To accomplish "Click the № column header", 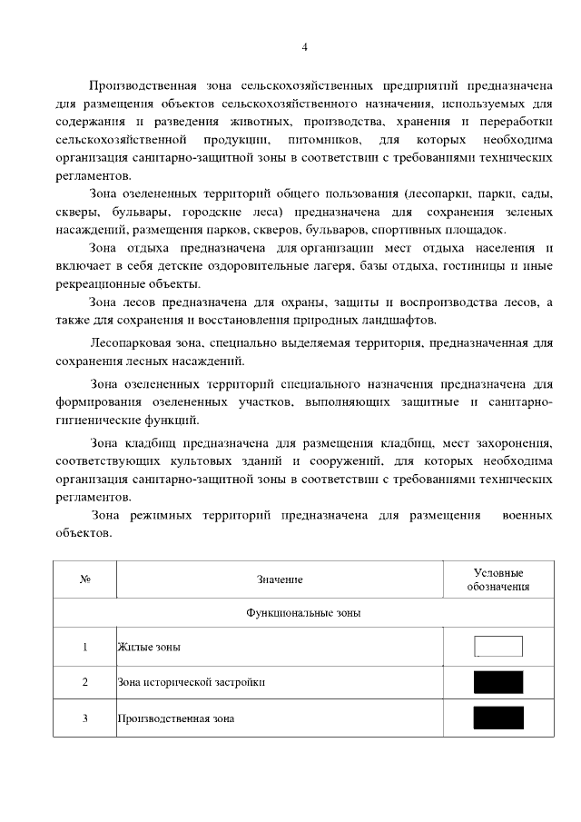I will pyautogui.click(x=85, y=579).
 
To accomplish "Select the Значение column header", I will pyautogui.click(x=280, y=579).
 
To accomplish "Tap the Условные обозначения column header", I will pyautogui.click(x=498, y=579).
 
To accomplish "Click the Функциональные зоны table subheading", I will pyautogui.click(x=303, y=613).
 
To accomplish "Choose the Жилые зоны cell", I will pyautogui.click(x=149, y=647).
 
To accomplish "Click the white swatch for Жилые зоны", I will pyautogui.click(x=498, y=646).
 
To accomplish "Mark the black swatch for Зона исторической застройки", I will pyautogui.click(x=498, y=682).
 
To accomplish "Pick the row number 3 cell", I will pyautogui.click(x=85, y=718).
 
